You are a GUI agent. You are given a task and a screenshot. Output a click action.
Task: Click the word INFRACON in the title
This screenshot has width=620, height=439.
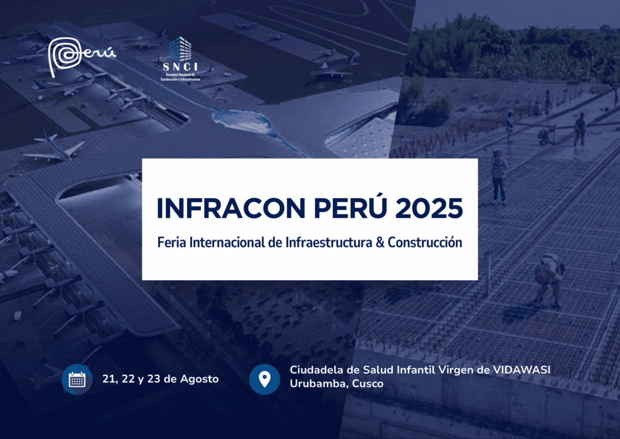pyautogui.click(x=231, y=208)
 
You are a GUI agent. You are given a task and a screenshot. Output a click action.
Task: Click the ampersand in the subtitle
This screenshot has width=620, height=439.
pyautogui.click(x=380, y=243)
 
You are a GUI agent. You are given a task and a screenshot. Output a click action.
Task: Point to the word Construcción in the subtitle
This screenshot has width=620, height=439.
pyautogui.click(x=424, y=243)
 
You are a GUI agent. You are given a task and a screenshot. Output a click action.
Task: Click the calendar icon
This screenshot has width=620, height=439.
pyautogui.click(x=77, y=379)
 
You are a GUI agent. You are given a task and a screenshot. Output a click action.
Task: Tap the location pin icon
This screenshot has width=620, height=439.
pyautogui.click(x=265, y=379)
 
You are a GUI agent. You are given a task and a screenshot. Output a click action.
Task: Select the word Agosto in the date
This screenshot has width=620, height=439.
pyautogui.click(x=199, y=379)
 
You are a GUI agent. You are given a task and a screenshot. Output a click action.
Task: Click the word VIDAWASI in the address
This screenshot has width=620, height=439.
pyautogui.click(x=521, y=370)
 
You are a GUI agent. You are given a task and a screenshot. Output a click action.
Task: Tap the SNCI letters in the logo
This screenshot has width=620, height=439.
pyautogui.click(x=180, y=67)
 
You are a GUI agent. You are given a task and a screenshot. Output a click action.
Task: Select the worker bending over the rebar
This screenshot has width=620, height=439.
pyautogui.click(x=549, y=280)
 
